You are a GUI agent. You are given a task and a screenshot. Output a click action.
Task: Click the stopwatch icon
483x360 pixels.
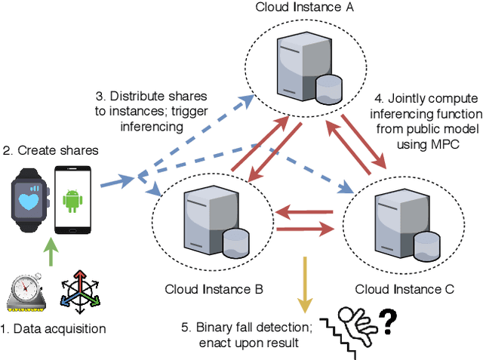click(26, 291)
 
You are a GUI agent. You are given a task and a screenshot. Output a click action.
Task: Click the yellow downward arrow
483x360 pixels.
click(305, 283)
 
